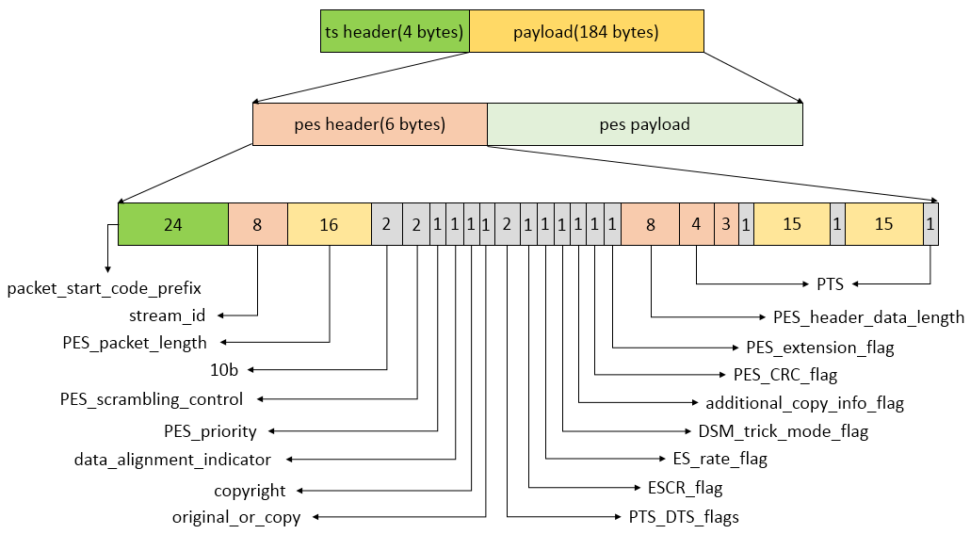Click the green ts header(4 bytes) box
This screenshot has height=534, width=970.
(x=395, y=32)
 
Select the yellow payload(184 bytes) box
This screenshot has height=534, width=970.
(x=586, y=32)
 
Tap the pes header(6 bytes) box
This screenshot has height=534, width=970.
(x=369, y=124)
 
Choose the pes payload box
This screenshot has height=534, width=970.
(x=644, y=124)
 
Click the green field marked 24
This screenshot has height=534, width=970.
(x=173, y=225)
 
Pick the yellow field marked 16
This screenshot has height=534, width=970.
(x=329, y=225)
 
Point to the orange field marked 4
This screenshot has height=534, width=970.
(x=696, y=225)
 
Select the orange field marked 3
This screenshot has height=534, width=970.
(x=726, y=225)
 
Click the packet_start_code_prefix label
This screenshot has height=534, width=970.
(x=104, y=286)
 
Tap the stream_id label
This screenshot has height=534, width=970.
(x=167, y=315)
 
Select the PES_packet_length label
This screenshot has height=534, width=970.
(x=135, y=342)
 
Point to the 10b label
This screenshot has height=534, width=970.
(x=223, y=370)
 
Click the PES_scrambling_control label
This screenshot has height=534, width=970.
(x=152, y=399)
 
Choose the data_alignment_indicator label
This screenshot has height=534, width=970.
(x=172, y=460)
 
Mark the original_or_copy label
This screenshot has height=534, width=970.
(x=236, y=517)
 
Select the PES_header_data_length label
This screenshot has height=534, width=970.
(x=868, y=317)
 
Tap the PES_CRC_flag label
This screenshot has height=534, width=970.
(x=785, y=375)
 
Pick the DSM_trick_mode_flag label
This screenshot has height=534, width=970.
(x=784, y=431)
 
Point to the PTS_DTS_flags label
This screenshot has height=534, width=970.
(x=684, y=517)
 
